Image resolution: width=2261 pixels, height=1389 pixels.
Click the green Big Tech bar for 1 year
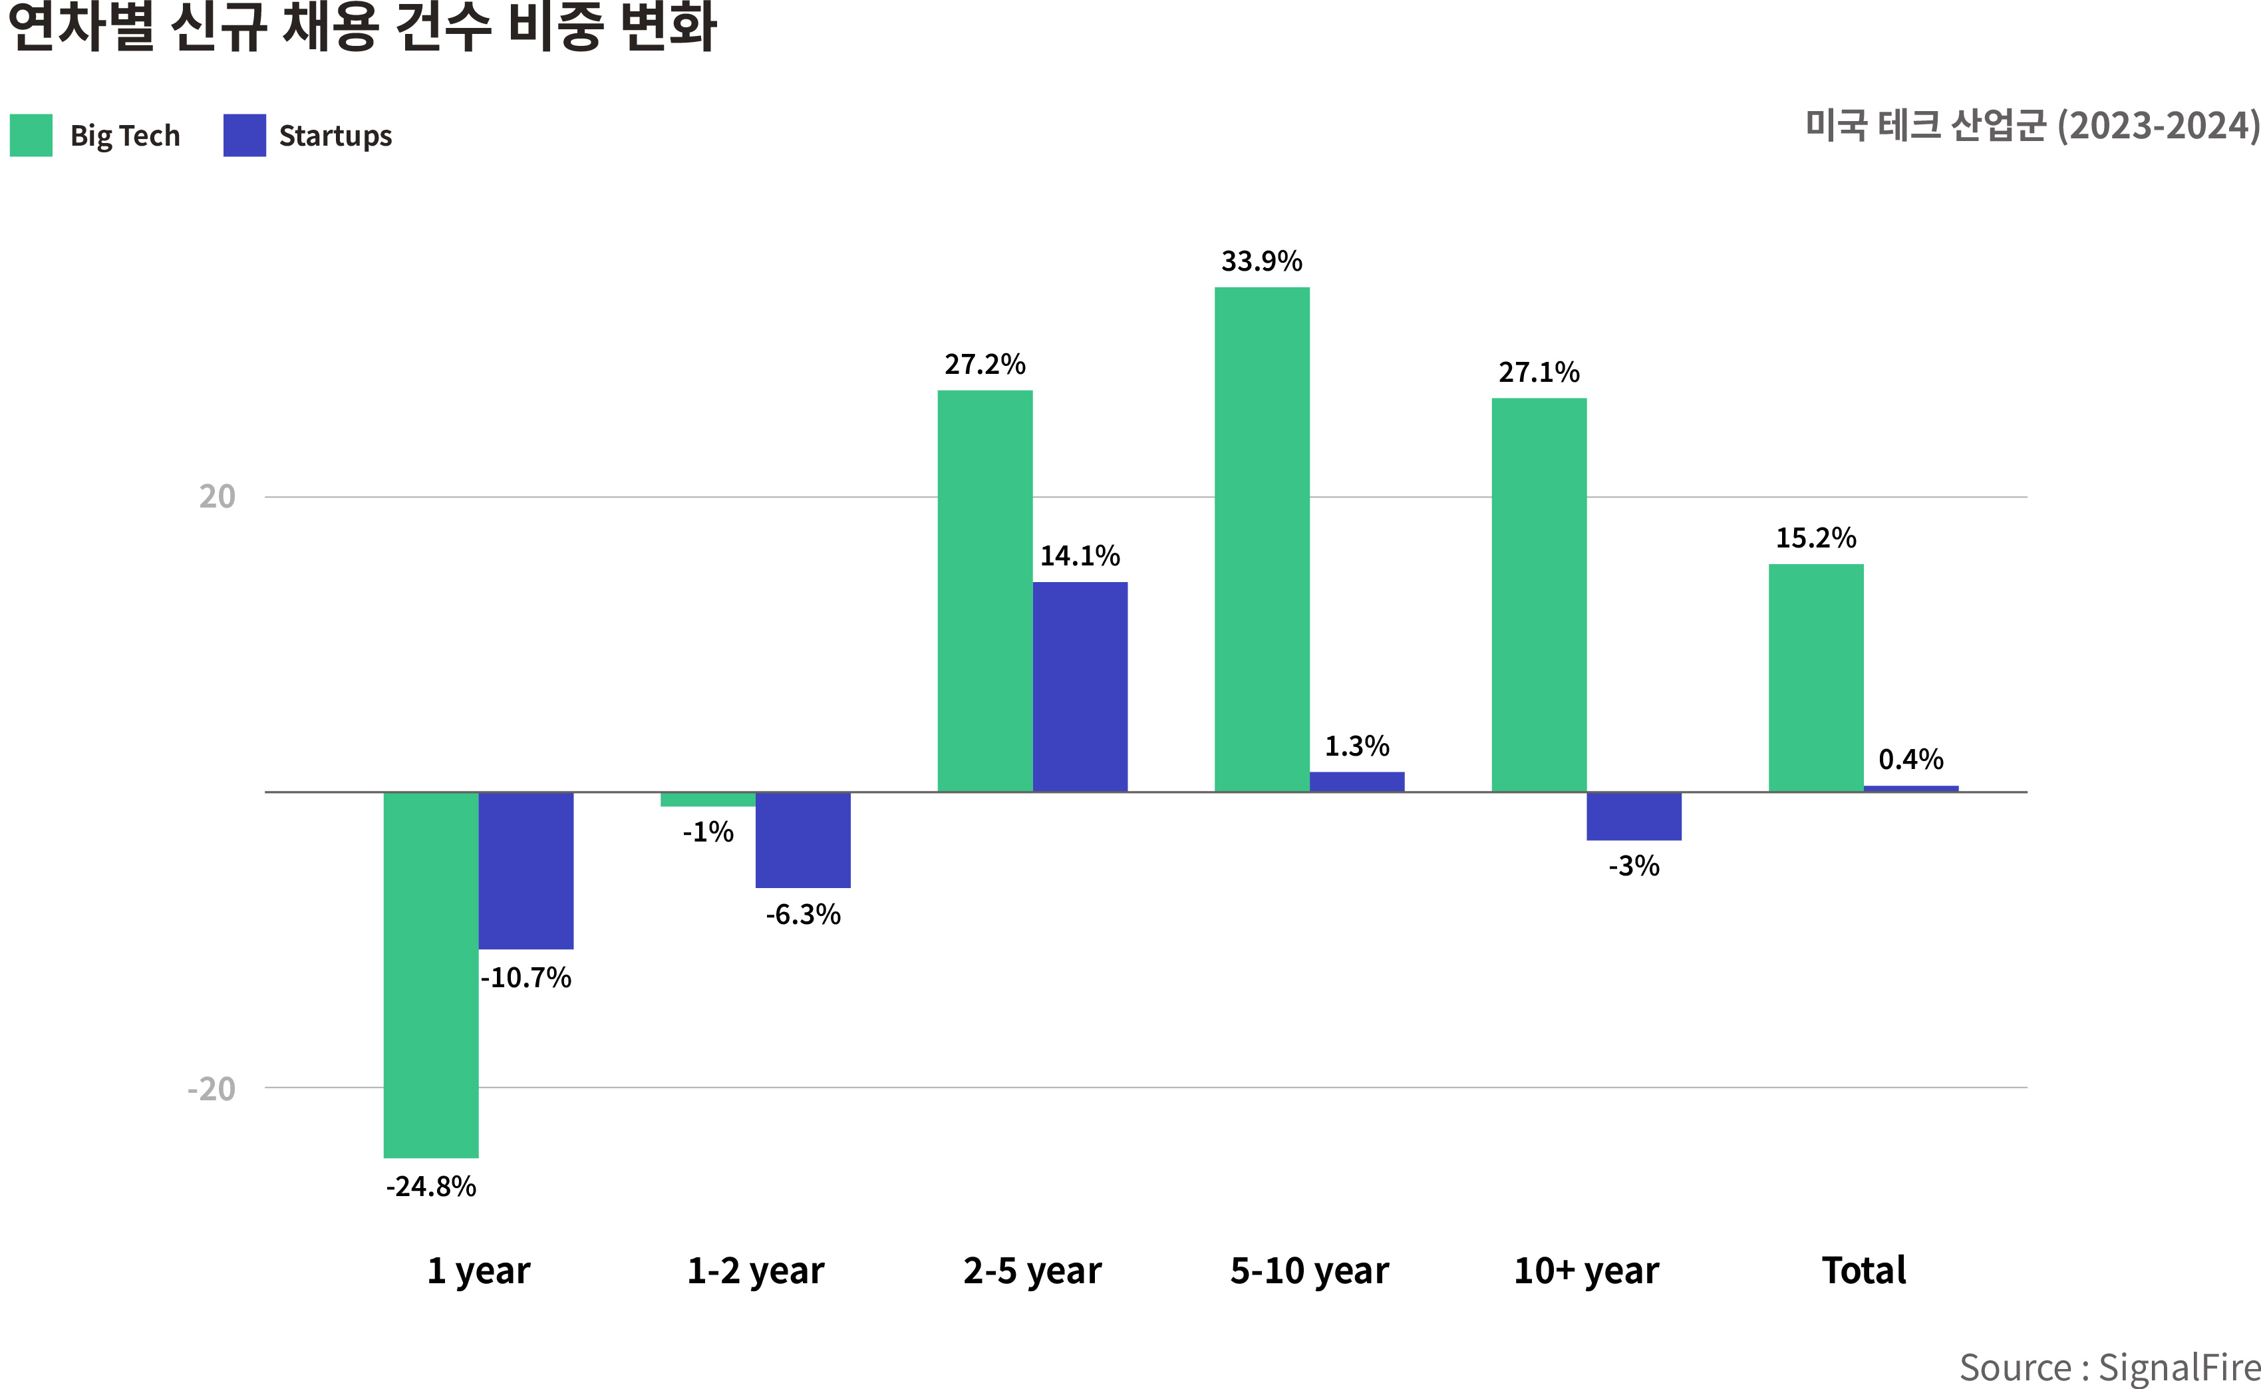pos(430,974)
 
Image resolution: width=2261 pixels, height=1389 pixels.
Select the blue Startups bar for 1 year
pos(526,870)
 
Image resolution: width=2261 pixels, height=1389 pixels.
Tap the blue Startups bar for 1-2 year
pos(803,840)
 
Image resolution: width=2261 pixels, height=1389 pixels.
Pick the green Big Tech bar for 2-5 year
pos(984,591)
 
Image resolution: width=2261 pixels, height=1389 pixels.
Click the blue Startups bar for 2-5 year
pos(1080,687)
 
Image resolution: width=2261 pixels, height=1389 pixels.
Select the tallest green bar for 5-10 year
pos(1262,540)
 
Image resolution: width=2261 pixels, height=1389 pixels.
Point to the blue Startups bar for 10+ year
pos(1634,816)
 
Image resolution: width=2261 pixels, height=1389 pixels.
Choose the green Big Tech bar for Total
pos(1815,678)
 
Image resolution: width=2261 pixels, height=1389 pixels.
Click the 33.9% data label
pos(1261,262)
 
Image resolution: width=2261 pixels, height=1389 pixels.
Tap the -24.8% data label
pos(430,1187)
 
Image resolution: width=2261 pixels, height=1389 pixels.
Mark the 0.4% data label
pos(1910,760)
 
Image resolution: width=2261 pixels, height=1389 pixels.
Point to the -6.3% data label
pos(803,915)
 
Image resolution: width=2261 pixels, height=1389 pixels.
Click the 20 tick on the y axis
pos(218,497)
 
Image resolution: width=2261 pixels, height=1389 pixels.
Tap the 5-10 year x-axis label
pos(1310,1271)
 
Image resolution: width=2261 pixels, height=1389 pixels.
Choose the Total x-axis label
pos(1863,1271)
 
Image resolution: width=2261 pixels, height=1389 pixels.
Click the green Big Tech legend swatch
pos(31,135)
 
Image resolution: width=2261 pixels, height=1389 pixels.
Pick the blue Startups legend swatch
pos(244,135)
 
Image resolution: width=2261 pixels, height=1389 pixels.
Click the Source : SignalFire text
pos(2109,1368)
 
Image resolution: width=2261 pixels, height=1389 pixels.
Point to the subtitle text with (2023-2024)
pos(2032,126)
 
